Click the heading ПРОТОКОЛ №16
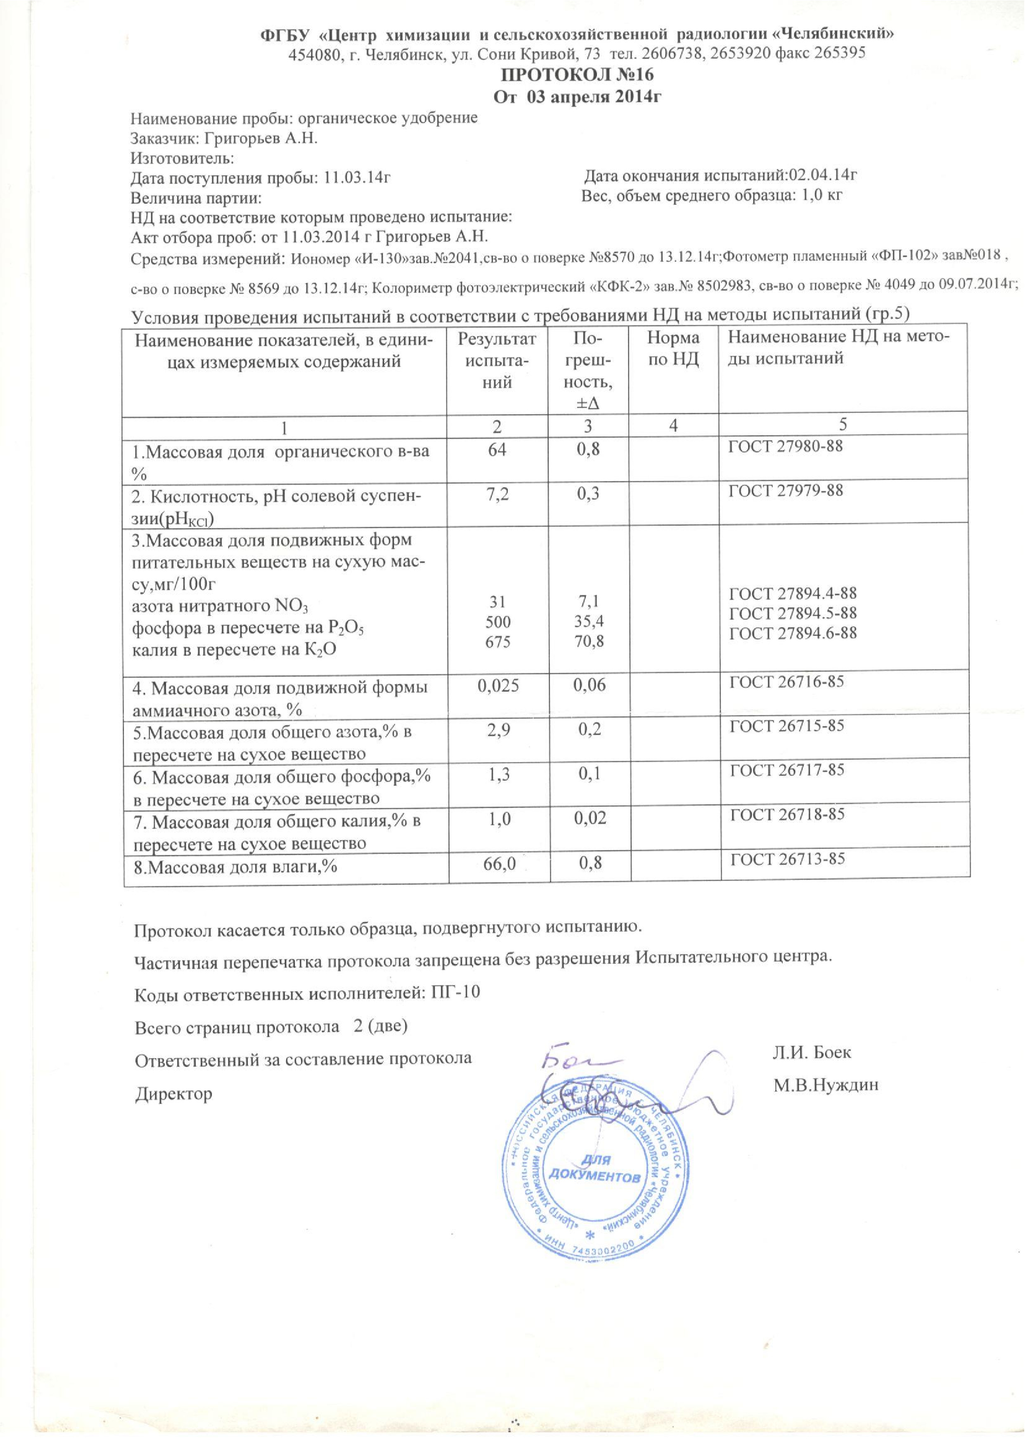point(577,75)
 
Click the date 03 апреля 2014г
point(597,97)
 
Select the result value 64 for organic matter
point(497,450)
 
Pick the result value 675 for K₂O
point(497,642)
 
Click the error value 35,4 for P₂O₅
point(588,622)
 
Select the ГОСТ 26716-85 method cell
point(787,681)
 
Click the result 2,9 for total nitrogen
point(497,730)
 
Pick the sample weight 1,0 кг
point(821,195)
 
